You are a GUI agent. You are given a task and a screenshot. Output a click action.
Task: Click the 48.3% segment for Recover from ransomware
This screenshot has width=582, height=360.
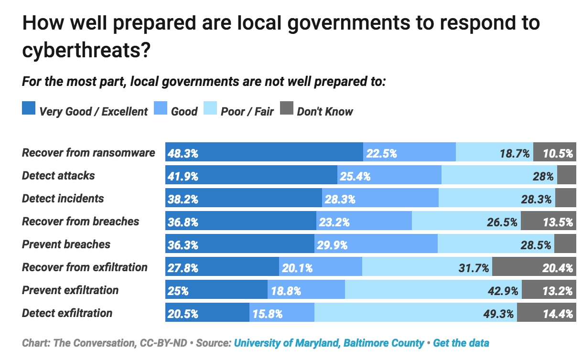tap(264, 153)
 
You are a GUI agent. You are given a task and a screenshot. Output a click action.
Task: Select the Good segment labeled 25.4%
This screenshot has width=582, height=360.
tap(389, 176)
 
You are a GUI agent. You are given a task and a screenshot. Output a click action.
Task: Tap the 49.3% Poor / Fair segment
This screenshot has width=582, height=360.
tap(415, 314)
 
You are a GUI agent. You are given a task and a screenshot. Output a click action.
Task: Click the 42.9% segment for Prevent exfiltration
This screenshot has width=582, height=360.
tap(433, 291)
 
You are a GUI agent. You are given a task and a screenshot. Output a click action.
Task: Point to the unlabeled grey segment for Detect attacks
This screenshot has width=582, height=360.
tap(566, 176)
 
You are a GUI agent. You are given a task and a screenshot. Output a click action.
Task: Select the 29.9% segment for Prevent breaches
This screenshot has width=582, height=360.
tap(376, 245)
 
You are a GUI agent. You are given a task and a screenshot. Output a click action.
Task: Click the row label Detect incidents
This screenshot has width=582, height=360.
tap(63, 199)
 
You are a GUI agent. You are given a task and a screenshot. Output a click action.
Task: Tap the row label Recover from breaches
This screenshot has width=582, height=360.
tap(80, 222)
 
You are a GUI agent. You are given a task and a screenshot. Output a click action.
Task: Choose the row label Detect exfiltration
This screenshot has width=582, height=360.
tap(67, 313)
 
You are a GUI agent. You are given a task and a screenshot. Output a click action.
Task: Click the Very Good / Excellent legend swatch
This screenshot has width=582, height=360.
tap(29, 110)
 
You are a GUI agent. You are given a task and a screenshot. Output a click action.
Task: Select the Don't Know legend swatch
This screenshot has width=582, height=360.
tap(286, 110)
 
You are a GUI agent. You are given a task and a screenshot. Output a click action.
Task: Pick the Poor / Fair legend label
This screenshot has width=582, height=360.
tap(247, 112)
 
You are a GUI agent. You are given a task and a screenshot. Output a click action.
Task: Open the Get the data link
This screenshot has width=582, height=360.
tap(461, 343)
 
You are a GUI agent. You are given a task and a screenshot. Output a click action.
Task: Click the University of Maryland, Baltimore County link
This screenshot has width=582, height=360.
tap(329, 343)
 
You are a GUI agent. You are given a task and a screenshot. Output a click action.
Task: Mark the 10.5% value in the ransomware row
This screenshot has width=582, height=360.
tap(557, 154)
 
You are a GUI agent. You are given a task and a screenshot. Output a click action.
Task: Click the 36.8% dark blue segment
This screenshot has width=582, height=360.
tap(240, 222)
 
